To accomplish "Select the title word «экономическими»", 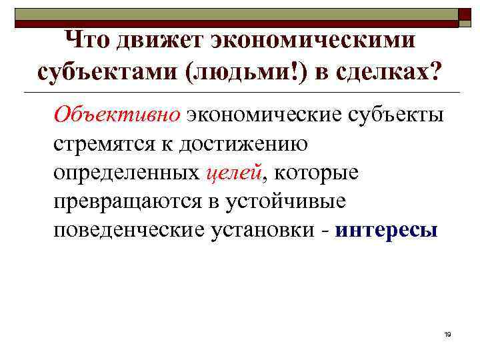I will click(312, 43).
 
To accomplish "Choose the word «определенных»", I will click(127, 173).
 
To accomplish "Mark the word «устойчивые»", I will click(301, 202).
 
